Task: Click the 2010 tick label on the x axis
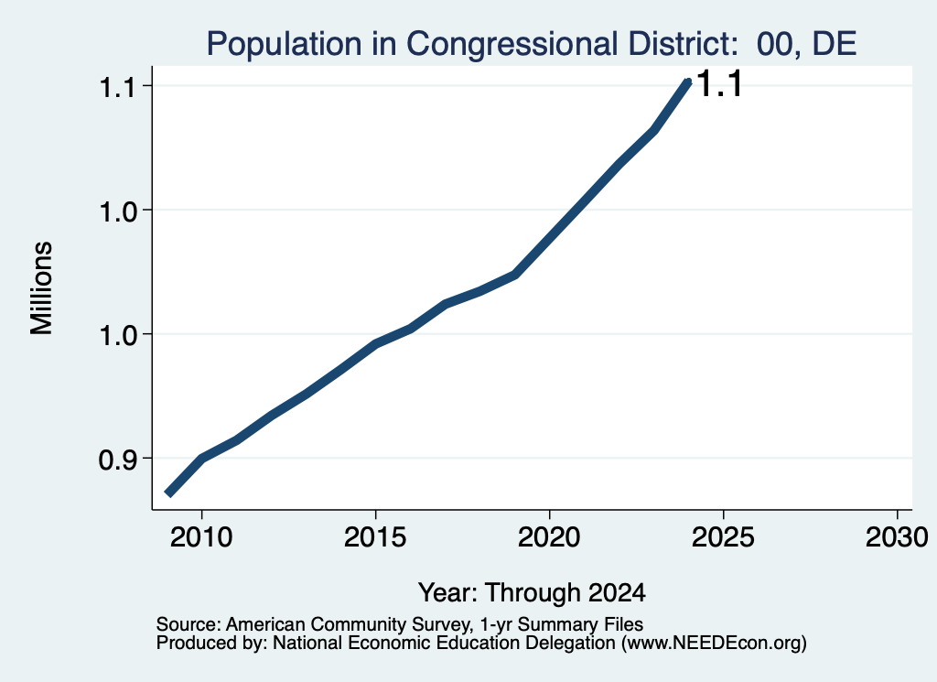tap(201, 537)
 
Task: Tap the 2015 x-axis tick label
tap(375, 537)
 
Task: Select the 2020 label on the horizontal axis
tap(549, 537)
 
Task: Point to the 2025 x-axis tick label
tap(723, 537)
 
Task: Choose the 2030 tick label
tap(897, 537)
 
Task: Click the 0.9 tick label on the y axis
tap(116, 460)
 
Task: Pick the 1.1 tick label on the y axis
tap(116, 87)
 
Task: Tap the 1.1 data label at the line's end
tap(720, 83)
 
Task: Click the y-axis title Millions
tap(42, 288)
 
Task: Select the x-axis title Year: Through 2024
tap(532, 592)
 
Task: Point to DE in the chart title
tap(835, 44)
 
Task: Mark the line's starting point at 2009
tap(169, 493)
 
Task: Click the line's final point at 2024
tap(688, 82)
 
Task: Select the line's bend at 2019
tap(514, 275)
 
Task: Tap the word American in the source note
tap(266, 624)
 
